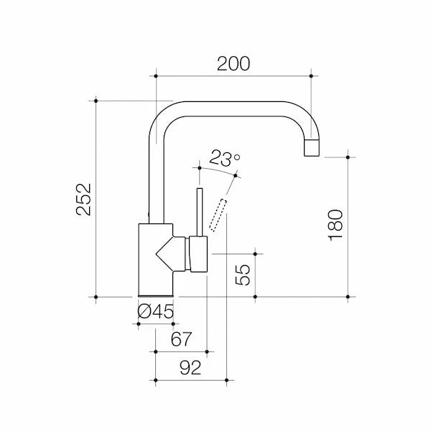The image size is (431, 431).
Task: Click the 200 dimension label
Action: pos(233,63)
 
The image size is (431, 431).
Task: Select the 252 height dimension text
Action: pos(84,199)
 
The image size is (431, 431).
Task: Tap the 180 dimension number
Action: pos(334,226)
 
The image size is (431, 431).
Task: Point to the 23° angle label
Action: pos(225,157)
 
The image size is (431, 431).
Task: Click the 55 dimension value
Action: pos(244,275)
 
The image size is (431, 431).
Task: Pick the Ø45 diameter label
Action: pos(156,312)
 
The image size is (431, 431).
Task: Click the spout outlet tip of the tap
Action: pos(312,149)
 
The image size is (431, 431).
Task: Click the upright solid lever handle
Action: pos(201,213)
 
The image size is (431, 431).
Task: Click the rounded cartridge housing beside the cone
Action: pos(198,255)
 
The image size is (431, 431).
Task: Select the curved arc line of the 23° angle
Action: pos(215,170)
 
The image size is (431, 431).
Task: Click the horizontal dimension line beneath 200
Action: pos(233,74)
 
